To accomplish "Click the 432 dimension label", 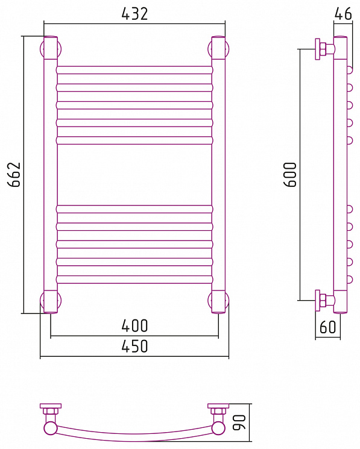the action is coord(134,14).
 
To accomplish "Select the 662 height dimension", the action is coord(14,174).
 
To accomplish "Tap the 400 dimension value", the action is coord(134,325).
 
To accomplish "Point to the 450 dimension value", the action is coord(134,346).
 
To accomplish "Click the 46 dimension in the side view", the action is coord(343,13).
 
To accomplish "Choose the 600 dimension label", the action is coord(290,174).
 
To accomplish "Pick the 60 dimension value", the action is coord(327,327).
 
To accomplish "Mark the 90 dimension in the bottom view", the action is coord(239,422).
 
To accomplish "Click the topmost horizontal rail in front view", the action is coord(134,70).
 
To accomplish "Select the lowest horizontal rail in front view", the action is coord(134,280).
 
